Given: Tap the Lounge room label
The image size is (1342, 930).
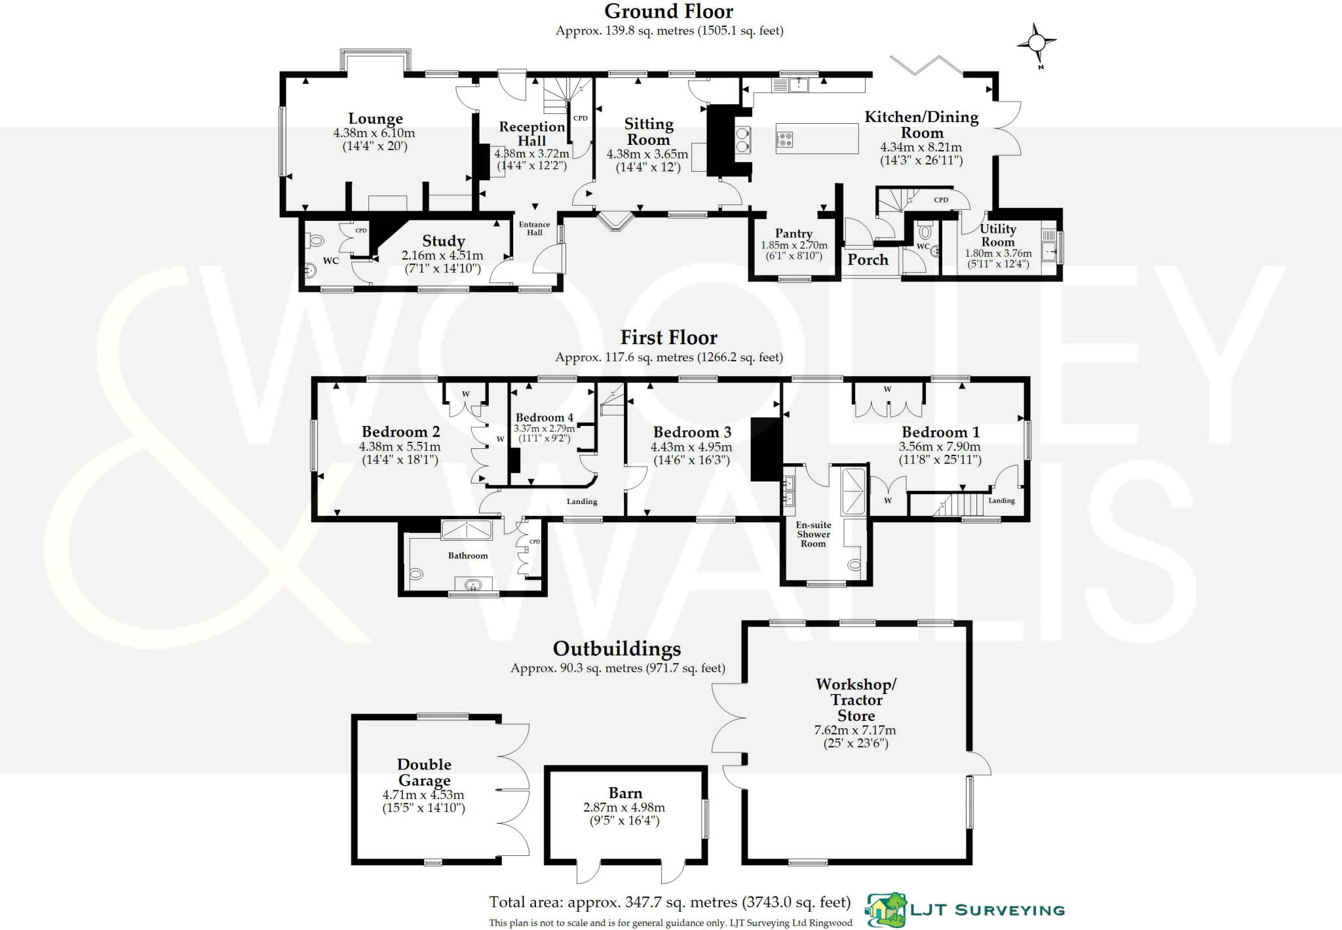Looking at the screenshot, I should (375, 119).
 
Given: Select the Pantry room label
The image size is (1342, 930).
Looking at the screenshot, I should (794, 233).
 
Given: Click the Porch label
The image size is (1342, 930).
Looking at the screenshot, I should (868, 260).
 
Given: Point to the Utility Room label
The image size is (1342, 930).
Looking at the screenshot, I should (998, 235).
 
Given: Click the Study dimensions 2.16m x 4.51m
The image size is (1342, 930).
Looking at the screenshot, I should (442, 256).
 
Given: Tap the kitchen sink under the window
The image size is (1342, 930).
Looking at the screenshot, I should (798, 84).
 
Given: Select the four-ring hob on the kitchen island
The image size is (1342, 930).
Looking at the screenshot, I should (785, 139).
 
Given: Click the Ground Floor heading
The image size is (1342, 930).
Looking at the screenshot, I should (668, 11).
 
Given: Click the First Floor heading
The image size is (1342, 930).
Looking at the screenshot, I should (668, 338).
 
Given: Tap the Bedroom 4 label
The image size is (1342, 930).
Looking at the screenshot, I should (544, 417).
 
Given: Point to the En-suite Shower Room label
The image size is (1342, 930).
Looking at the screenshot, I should (813, 534).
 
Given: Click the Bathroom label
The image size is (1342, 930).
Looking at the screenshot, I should (468, 556).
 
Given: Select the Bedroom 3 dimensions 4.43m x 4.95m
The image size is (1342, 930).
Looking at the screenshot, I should (691, 447).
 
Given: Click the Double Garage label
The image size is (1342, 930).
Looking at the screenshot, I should (424, 772).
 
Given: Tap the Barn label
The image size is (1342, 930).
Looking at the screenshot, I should (625, 793).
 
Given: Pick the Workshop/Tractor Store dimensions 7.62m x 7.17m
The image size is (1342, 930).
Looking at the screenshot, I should (855, 730).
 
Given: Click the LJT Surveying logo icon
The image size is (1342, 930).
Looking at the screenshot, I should (886, 910).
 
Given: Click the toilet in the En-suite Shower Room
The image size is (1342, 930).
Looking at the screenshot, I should (854, 564).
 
